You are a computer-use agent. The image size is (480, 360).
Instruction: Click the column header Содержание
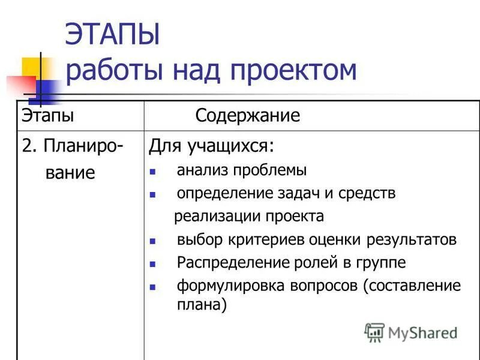247,115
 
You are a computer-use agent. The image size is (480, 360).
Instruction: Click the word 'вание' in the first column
70,173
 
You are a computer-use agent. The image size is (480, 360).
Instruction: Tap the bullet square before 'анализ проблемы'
153,171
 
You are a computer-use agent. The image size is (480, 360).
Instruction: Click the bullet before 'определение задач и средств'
153,194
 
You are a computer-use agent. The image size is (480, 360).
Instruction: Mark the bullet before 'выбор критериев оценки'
153,241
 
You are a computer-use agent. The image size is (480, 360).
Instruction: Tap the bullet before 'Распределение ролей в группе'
153,263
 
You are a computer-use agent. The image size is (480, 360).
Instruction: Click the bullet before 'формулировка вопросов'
153,287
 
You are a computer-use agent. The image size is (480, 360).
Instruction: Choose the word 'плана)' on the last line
202,305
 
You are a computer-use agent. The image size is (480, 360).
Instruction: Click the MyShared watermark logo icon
374,332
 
